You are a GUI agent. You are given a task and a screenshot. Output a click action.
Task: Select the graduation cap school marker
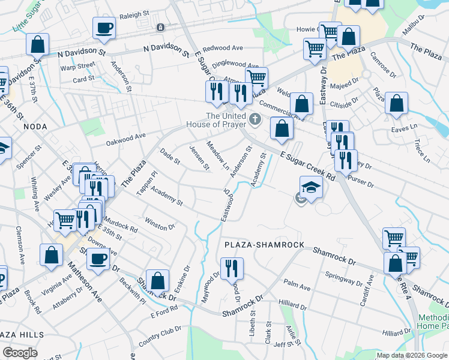[312, 188]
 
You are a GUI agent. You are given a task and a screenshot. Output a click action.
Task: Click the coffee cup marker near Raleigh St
[104, 28]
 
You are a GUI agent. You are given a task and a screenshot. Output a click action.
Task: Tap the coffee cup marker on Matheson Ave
[98, 259]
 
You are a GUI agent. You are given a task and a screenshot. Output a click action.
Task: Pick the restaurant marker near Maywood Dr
[231, 268]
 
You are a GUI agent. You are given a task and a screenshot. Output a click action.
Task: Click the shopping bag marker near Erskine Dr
[157, 280]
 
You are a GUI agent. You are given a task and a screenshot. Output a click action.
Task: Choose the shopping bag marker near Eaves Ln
[396, 103]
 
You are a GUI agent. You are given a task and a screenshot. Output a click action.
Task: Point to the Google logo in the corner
[20, 353]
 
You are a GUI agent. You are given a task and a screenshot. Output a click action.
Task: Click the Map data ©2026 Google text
[412, 355]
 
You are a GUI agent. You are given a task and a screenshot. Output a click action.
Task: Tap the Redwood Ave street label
[223, 48]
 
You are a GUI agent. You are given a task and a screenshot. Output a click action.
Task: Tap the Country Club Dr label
[159, 336]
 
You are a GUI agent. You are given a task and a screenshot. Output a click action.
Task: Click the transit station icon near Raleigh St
[160, 27]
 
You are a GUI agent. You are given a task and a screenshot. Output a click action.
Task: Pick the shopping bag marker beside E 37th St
[37, 44]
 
